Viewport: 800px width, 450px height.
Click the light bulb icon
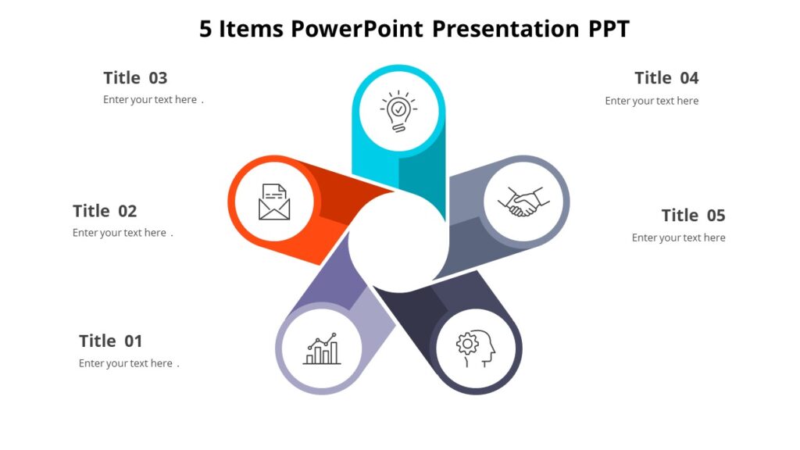(398, 111)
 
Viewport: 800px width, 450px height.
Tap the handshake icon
(523, 202)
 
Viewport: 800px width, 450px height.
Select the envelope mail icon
(274, 202)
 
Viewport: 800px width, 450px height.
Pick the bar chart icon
(322, 349)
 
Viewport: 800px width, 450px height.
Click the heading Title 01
(111, 341)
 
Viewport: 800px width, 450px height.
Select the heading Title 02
(105, 211)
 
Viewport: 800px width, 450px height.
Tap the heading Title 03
(135, 78)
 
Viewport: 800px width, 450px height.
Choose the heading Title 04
(666, 78)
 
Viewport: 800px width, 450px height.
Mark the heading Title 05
(693, 215)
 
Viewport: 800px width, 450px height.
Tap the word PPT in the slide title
(609, 29)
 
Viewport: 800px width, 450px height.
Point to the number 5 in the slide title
(205, 29)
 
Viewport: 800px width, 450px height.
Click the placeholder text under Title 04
(652, 101)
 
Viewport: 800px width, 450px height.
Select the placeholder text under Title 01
(127, 363)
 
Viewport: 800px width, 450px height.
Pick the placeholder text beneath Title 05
(678, 237)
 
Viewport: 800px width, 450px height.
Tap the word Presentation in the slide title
(505, 29)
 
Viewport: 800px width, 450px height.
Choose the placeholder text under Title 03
(151, 100)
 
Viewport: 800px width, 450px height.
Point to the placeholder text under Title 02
(120, 233)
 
